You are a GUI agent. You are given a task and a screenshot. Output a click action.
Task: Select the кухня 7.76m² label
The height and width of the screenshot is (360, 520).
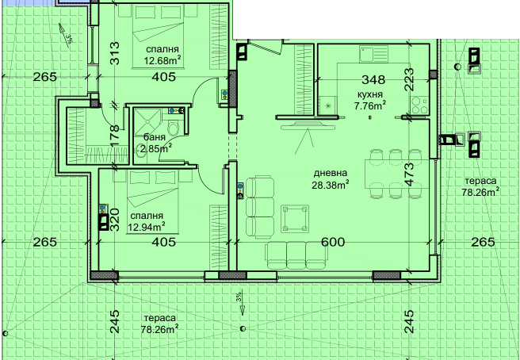369,101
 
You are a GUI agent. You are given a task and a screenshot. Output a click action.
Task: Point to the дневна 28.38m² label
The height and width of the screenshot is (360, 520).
331,179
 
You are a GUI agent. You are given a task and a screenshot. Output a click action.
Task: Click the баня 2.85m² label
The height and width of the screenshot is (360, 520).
155,143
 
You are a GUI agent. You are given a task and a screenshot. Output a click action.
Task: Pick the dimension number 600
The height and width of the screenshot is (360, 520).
333,242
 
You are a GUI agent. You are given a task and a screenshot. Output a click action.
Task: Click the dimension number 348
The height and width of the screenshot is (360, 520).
373,79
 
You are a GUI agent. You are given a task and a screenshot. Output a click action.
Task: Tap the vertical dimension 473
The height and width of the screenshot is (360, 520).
409,174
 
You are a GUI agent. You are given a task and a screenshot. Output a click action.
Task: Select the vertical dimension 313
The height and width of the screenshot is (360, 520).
114,53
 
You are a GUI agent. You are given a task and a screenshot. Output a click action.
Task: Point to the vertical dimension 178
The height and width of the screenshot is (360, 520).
114,136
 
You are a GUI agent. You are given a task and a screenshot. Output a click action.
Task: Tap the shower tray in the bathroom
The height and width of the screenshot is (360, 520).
147,122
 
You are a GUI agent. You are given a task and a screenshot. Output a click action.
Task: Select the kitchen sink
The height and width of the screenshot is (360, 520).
373,54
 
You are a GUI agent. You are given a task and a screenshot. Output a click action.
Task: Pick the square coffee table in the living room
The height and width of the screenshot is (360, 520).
295,219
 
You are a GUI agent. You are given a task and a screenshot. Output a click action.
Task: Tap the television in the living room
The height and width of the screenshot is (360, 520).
308,126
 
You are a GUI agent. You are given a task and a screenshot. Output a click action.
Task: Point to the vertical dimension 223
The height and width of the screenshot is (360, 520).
409,79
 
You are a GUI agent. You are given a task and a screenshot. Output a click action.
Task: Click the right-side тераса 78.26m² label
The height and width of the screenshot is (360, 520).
480,186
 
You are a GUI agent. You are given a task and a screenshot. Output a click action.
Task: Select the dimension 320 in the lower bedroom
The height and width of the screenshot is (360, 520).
114,220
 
